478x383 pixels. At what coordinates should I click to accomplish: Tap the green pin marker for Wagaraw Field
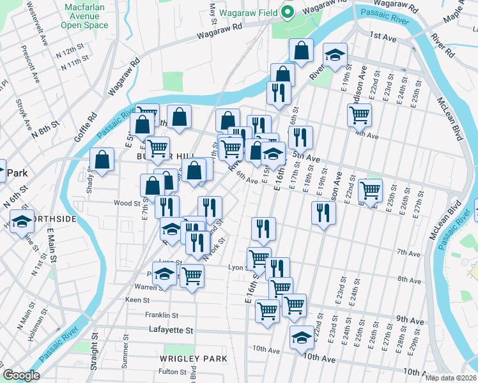tap(288, 12)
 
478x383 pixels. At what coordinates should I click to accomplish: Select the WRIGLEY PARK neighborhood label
tap(193, 359)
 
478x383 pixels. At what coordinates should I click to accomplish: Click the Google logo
tap(21, 375)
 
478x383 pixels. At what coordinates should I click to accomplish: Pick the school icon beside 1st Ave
tap(334, 54)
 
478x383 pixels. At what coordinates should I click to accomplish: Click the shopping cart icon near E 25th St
tap(370, 189)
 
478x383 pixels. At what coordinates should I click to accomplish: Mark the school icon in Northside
tap(22, 220)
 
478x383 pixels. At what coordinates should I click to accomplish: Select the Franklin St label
tap(160, 315)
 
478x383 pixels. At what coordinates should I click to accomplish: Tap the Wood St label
tap(127, 204)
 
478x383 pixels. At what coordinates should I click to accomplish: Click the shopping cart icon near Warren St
tap(192, 276)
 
